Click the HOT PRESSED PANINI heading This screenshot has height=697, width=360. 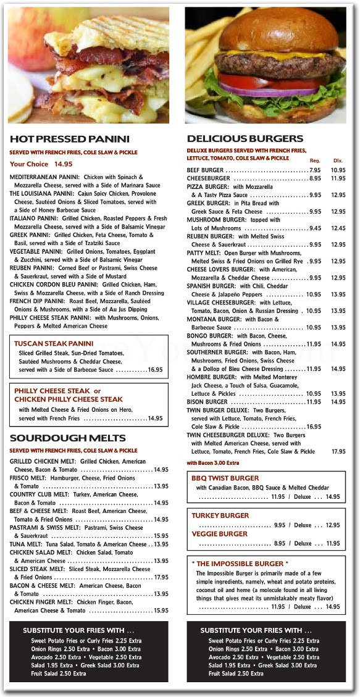coord(70,140)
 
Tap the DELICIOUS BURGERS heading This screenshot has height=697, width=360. coord(245,139)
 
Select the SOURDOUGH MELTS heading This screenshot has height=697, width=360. coord(68,438)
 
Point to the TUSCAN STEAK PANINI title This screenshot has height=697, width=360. coord(54,344)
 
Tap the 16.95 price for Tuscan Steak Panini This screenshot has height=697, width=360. coord(155,370)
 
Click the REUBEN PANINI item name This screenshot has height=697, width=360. coord(31,269)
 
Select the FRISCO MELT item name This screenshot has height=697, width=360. coord(30,478)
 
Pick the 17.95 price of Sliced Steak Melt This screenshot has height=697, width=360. coord(161,578)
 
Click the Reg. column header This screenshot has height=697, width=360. coord(315,161)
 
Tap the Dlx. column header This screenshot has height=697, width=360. coord(338,161)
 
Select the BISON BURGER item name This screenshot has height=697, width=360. coord(207,402)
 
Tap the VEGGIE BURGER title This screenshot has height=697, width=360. coord(220,534)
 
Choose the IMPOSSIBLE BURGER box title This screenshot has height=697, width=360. coord(240,564)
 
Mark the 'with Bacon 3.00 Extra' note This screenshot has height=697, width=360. coord(213,462)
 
